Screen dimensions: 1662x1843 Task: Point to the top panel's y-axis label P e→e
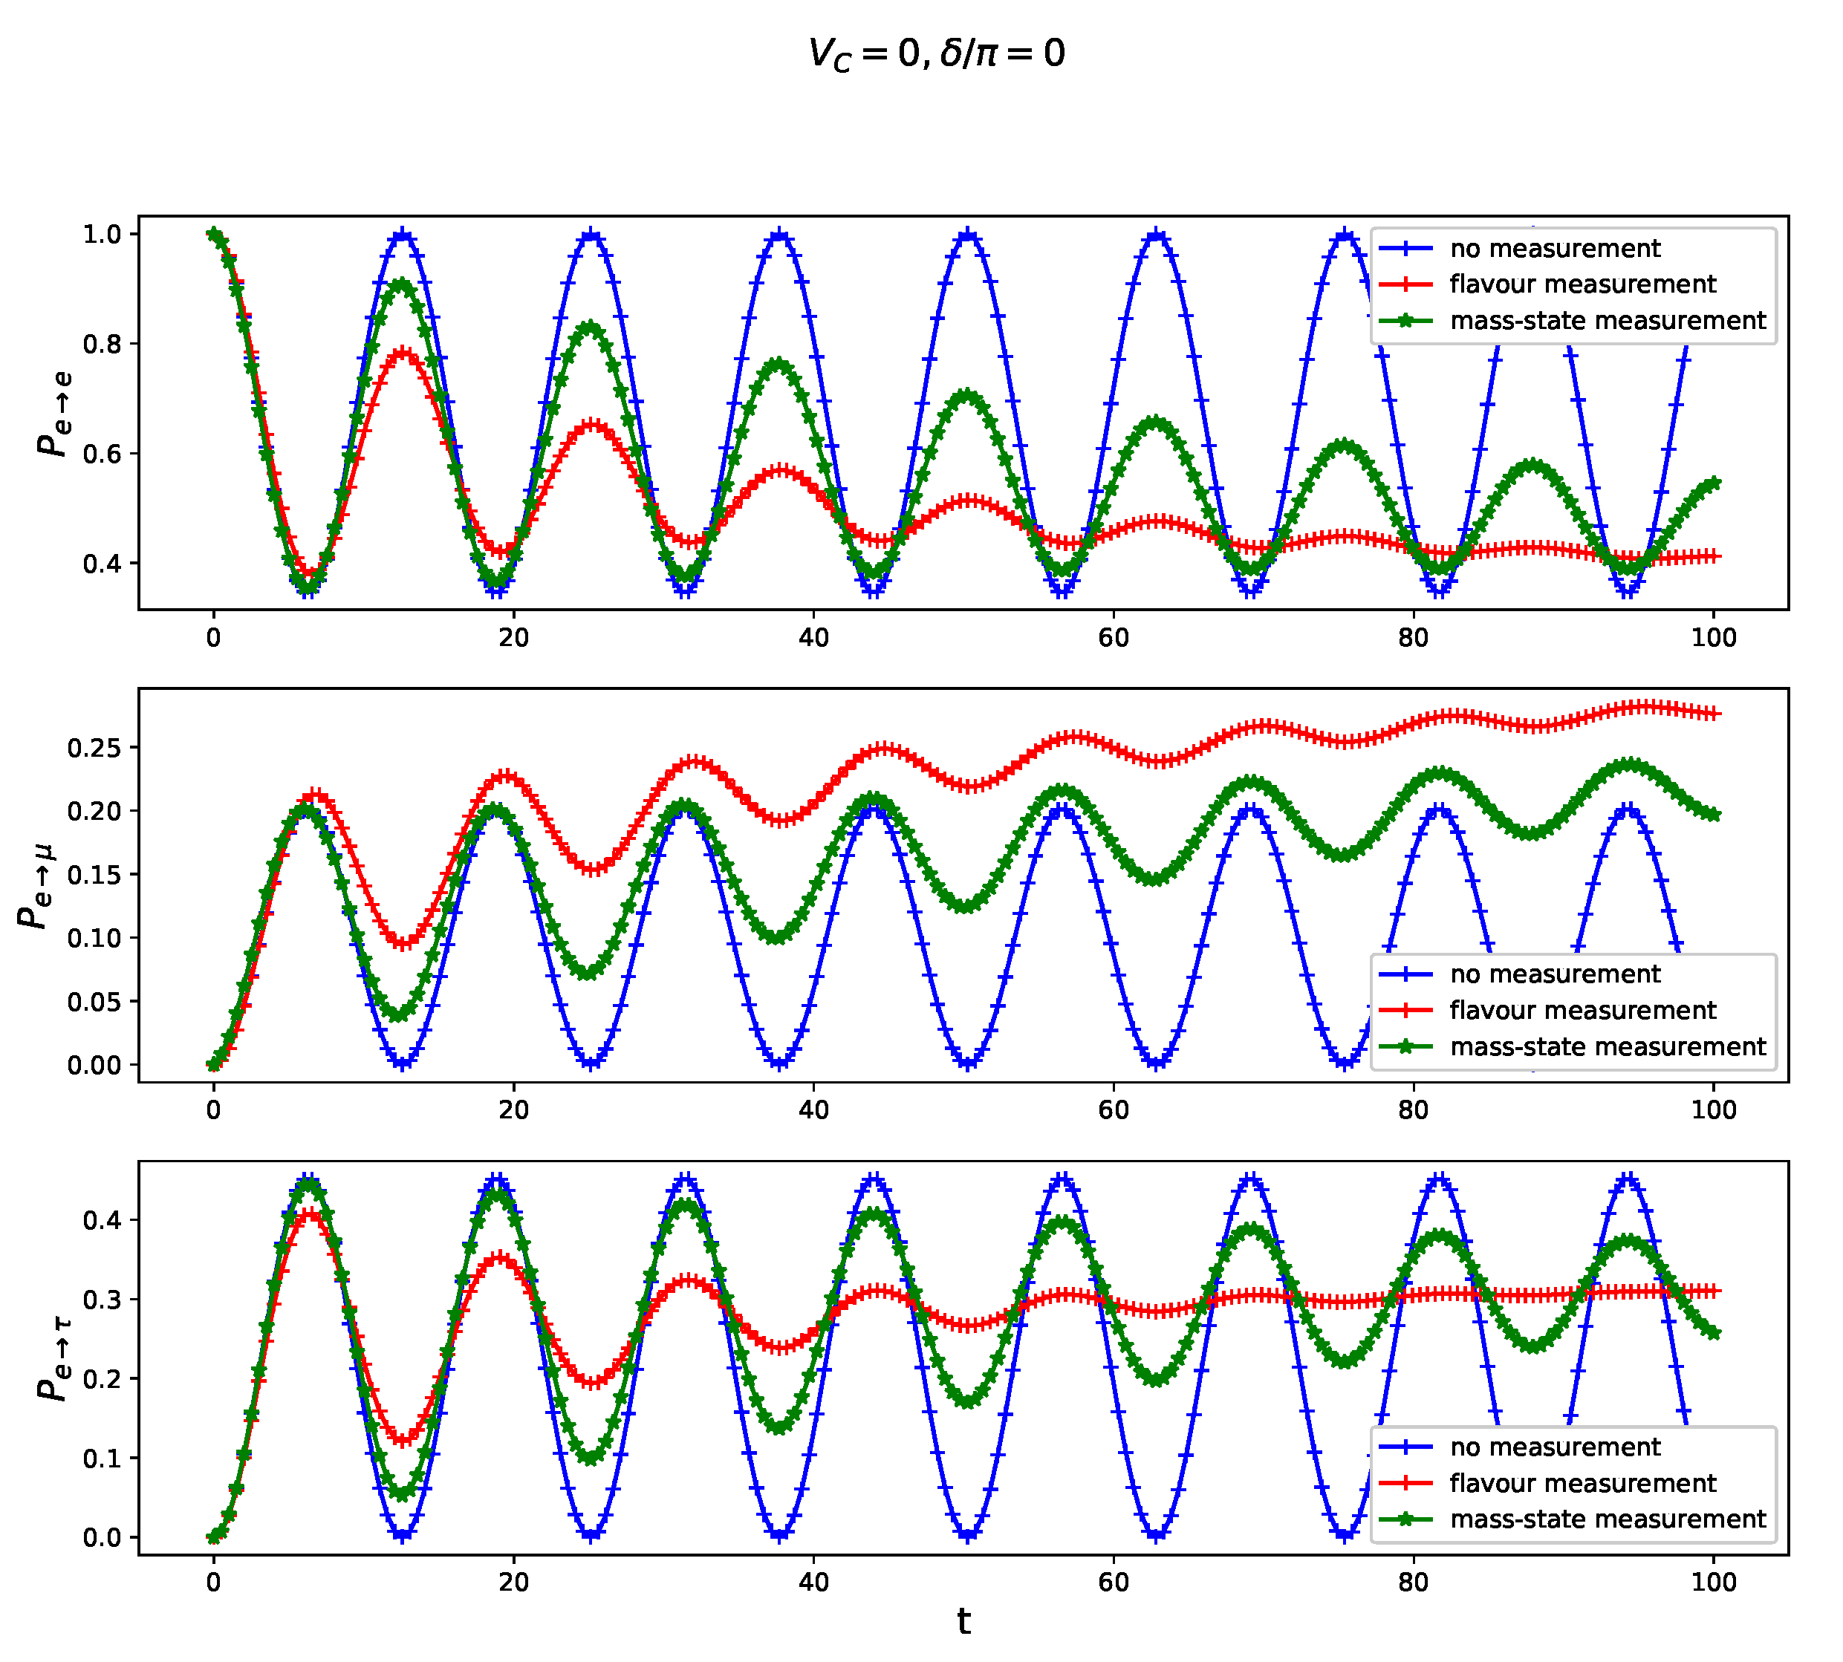(x=55, y=413)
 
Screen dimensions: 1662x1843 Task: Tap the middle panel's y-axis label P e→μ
(x=35, y=886)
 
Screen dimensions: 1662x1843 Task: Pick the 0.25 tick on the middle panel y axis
(x=93, y=748)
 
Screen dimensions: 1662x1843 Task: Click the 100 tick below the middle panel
(x=1713, y=1109)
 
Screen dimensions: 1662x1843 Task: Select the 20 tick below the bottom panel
(x=513, y=1583)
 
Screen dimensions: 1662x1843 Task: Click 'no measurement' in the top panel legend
(x=1554, y=248)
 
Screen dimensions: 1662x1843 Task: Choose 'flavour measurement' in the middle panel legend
(x=1582, y=1010)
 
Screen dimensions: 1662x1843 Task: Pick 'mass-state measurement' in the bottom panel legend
(x=1608, y=1519)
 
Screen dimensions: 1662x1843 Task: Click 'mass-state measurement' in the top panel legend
(x=1608, y=321)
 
